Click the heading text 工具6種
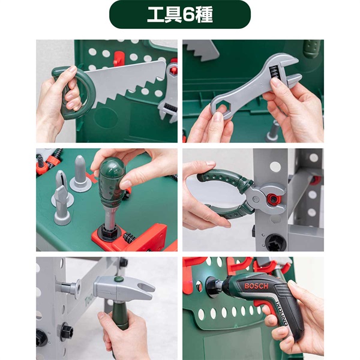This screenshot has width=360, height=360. (x=179, y=15)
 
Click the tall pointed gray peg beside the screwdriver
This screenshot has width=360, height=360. (x=80, y=174)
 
